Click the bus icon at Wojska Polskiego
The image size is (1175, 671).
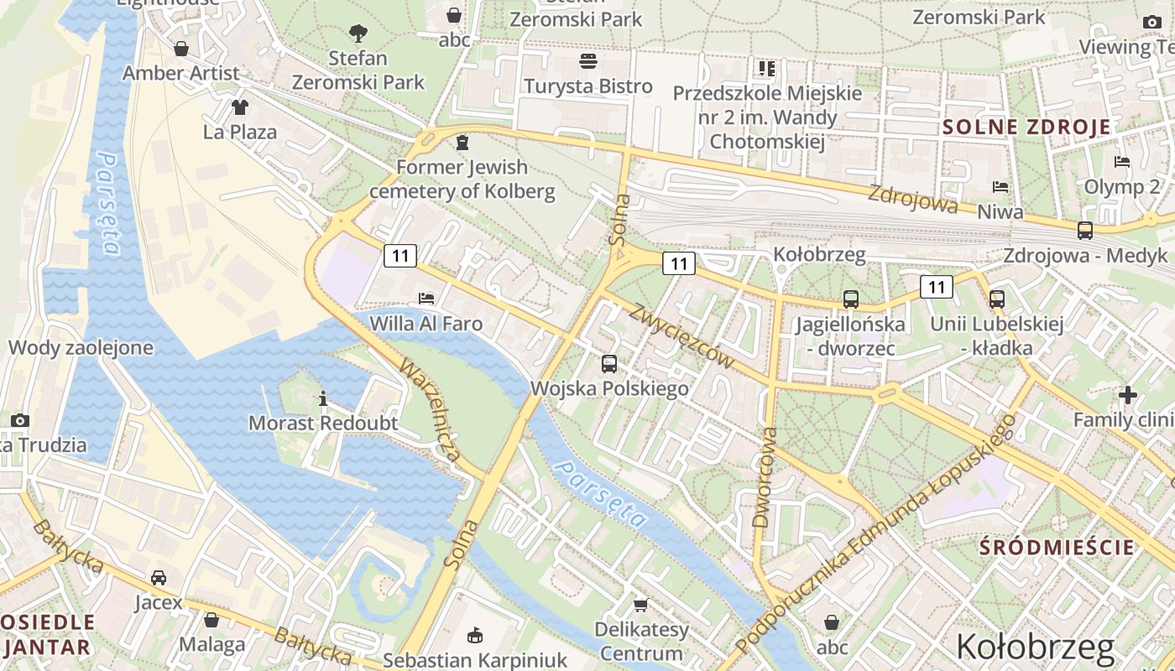point(609,364)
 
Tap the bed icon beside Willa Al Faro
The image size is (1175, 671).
point(426,298)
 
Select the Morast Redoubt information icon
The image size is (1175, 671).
point(323,398)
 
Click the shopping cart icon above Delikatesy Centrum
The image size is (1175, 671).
point(641,604)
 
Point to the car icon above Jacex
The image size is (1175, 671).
point(159,577)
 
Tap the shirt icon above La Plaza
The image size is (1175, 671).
point(240,107)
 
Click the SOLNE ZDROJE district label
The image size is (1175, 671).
point(1026,127)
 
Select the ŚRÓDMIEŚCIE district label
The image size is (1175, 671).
point(1057,548)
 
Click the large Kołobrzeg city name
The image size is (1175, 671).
point(1035,648)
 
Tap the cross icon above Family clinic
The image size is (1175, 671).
point(1128,394)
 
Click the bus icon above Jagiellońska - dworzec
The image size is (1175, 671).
point(851,299)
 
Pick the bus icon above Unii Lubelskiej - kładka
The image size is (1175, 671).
point(997,299)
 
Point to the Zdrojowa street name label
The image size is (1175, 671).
point(912,199)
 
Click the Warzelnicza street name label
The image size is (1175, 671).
point(430,410)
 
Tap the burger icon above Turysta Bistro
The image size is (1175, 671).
point(587,61)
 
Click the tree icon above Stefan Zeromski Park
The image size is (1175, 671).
point(358,34)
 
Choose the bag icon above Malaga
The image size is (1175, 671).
point(211,619)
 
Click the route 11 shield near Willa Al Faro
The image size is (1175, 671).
point(400,255)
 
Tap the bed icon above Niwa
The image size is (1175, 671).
point(1000,186)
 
